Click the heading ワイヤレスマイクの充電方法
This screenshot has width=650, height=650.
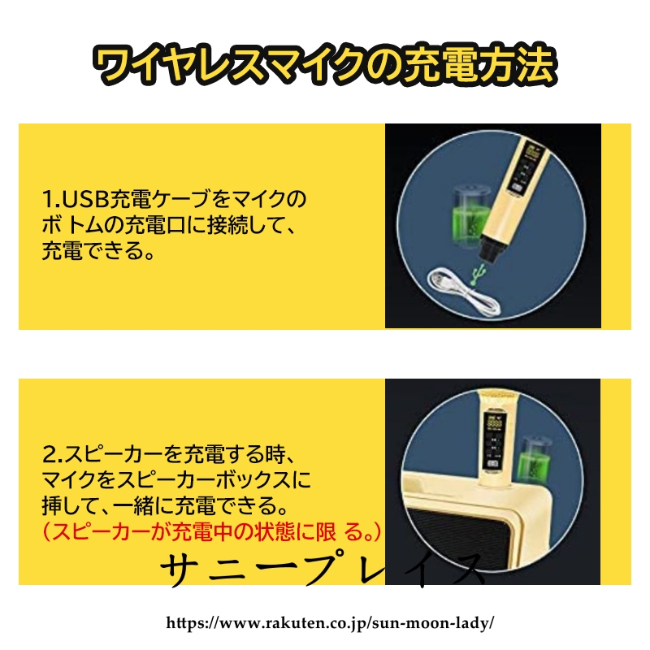[324, 65]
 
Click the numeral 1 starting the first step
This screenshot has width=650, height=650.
[47, 198]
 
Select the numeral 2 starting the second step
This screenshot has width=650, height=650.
[50, 454]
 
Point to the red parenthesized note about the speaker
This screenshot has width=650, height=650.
[211, 531]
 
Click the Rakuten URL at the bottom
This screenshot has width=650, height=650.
[330, 622]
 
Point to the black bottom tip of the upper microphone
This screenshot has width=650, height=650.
[492, 249]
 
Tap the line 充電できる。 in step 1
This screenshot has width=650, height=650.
[97, 250]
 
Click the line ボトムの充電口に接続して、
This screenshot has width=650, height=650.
[168, 224]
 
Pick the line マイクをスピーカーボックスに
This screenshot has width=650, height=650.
[175, 479]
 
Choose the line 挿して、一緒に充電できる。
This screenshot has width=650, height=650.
[165, 505]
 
